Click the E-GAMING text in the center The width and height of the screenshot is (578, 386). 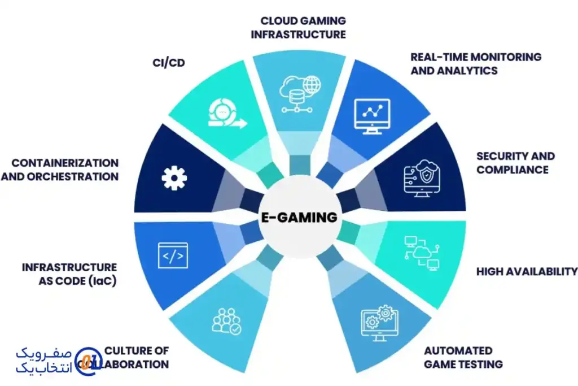click(x=299, y=218)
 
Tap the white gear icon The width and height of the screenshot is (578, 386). click(x=174, y=178)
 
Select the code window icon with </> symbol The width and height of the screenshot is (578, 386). click(x=172, y=255)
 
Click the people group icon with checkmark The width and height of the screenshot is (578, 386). click(x=226, y=321)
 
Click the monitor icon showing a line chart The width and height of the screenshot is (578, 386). click(x=371, y=116)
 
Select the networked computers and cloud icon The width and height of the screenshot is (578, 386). click(x=422, y=253)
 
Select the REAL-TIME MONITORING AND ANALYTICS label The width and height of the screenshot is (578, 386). click(x=475, y=63)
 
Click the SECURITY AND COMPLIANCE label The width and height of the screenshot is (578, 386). click(x=515, y=162)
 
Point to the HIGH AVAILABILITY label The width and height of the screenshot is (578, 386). click(x=526, y=271)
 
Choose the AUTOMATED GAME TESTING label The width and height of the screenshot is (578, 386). click(x=463, y=357)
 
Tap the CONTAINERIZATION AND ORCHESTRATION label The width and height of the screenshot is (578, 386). click(x=60, y=170)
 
